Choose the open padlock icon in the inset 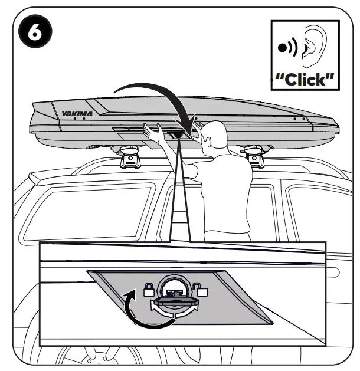coord(202,289)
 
